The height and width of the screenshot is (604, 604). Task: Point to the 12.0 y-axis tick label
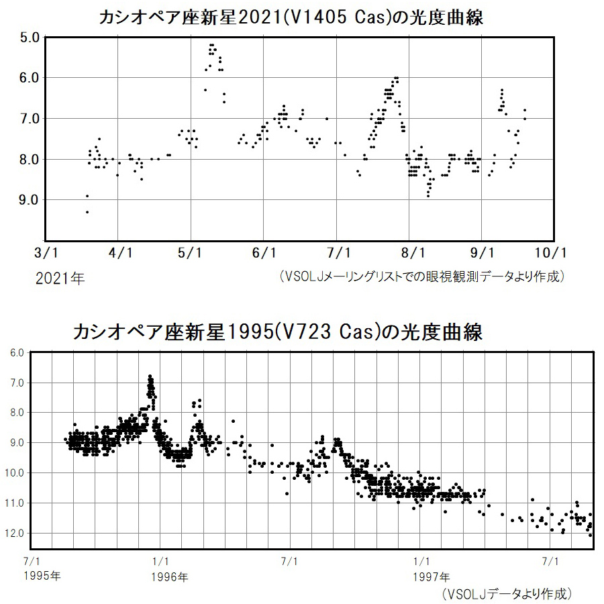coord(17,534)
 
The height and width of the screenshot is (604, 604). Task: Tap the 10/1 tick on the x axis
coord(554,253)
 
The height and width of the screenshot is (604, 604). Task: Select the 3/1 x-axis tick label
coord(46,253)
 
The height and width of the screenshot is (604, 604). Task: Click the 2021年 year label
coord(60,277)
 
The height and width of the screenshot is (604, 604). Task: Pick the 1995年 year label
coord(41,576)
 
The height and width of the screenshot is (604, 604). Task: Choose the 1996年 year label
coord(169,576)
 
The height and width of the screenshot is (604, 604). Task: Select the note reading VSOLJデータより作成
coord(507,593)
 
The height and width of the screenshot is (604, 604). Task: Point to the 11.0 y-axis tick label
coord(17,503)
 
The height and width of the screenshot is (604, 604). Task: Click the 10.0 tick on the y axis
coord(17,472)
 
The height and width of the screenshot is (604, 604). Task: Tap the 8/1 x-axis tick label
coord(412,253)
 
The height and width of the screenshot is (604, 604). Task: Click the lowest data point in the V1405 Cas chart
coord(87,212)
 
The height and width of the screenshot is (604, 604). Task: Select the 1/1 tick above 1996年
coord(160,561)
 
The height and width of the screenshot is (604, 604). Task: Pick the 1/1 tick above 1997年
coord(421,561)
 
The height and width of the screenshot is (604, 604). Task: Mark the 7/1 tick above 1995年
coord(32,561)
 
